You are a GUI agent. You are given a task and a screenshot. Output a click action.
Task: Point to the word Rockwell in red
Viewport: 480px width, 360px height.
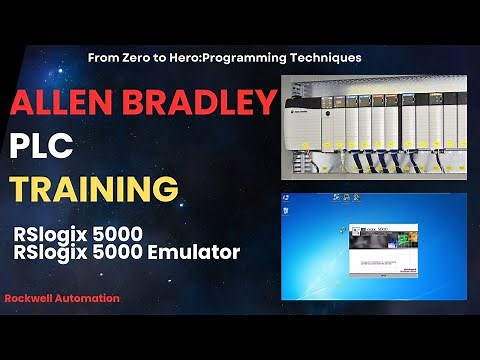tap(33, 298)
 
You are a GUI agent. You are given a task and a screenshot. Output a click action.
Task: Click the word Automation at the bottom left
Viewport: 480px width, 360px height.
tap(92, 298)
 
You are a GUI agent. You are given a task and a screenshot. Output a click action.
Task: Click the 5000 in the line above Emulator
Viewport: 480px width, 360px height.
tap(118, 234)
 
